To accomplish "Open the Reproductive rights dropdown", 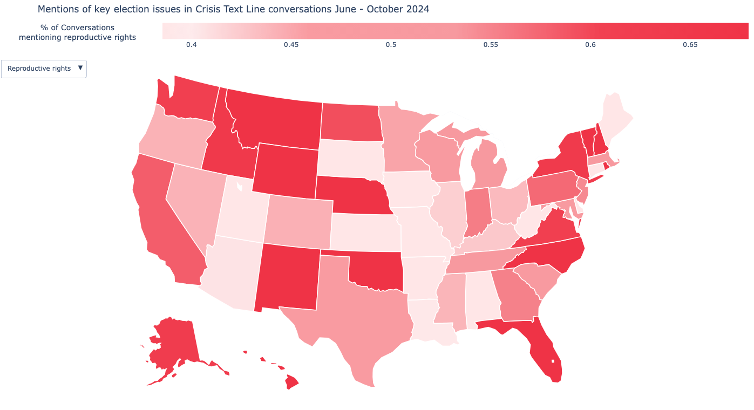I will (44, 69).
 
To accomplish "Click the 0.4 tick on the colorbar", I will (191, 45).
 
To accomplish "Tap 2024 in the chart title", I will (418, 9).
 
